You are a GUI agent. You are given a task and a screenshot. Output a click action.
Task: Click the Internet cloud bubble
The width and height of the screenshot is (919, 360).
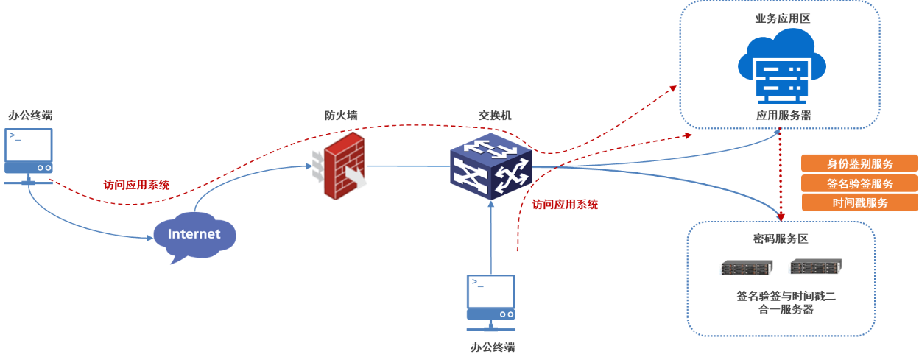pos(194,235)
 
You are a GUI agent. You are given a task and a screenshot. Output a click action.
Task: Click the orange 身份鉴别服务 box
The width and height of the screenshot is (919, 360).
pos(859,163)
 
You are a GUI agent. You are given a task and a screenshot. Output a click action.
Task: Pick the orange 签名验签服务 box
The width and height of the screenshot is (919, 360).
pos(859,183)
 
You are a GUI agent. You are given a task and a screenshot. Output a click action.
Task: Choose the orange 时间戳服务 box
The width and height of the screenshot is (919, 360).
pos(859,202)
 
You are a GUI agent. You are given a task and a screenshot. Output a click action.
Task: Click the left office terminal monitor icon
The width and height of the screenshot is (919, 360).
pos(29,155)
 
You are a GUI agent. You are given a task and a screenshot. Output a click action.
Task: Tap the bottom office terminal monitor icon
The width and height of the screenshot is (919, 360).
pos(491,301)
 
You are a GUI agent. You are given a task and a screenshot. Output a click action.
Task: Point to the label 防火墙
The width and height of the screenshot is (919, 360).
pos(341,115)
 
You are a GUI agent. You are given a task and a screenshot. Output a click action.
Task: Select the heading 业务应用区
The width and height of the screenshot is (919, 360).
pos(782,18)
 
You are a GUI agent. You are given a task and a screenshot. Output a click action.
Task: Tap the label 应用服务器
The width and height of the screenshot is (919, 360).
pos(781,116)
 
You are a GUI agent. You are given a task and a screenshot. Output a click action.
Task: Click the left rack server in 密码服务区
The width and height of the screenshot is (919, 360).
pos(745,268)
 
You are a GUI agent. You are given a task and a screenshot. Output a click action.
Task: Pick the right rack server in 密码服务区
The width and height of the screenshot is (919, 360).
pos(814,267)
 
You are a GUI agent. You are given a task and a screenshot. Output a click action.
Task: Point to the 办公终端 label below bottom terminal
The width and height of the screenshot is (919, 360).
pos(492,347)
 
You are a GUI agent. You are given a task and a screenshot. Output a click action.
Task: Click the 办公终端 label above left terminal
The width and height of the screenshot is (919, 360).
pos(30,115)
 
